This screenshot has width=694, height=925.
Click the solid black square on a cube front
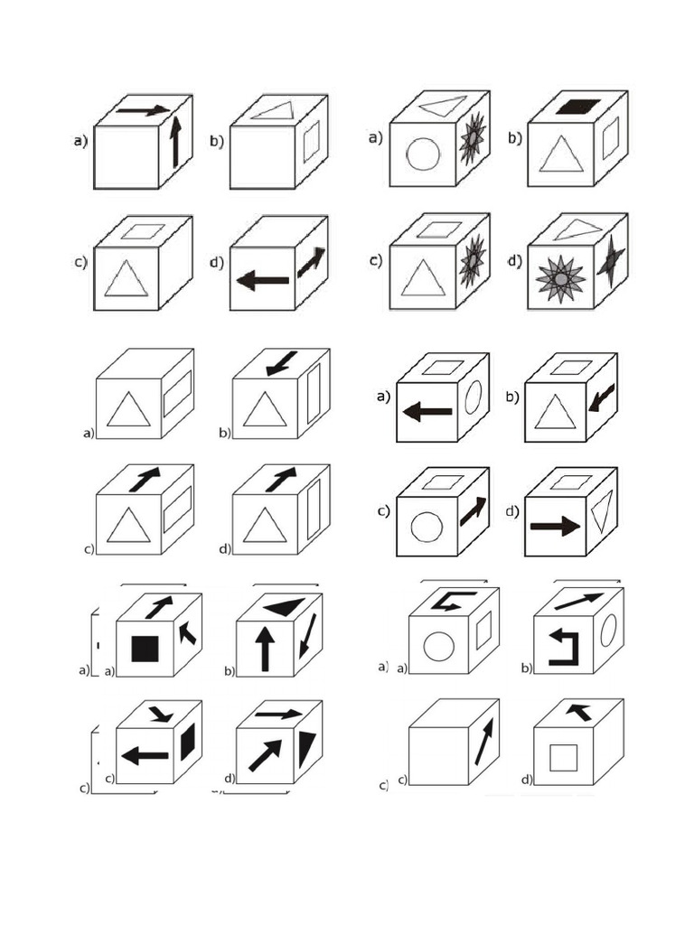pos(145,649)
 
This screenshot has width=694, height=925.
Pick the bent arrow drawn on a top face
pos(446,600)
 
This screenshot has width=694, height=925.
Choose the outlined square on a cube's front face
pos(563,757)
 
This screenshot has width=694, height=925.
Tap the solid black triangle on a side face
pos(306,748)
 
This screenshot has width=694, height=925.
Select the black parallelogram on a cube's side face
pos(188,743)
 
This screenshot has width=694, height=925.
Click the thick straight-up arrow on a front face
pos(265,649)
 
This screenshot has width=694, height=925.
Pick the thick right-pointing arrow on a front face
pos(555,526)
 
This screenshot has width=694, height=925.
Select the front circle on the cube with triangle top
pos(422,154)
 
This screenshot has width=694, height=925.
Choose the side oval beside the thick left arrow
pos(474,397)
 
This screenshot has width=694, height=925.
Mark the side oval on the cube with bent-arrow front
pos(608,630)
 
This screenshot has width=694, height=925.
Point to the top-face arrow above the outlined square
pos(578,712)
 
